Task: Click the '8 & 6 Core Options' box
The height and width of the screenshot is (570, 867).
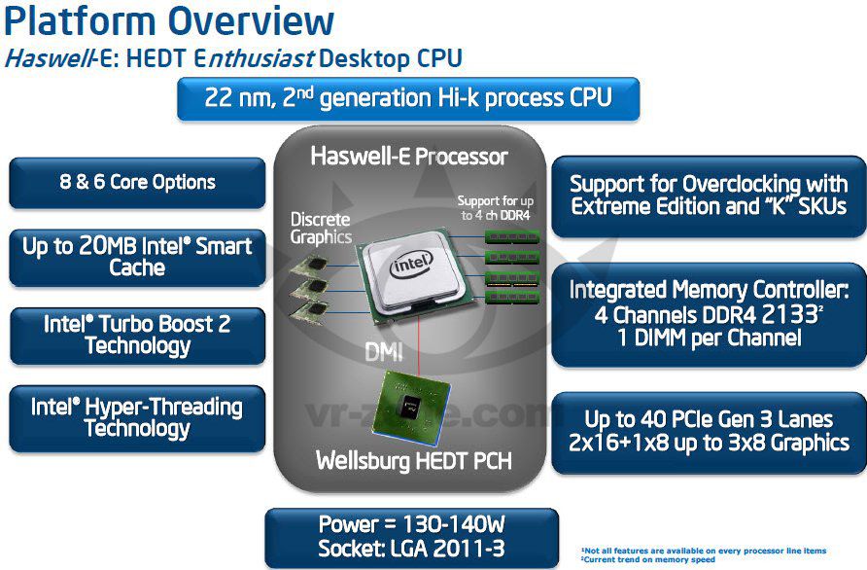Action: click(x=137, y=183)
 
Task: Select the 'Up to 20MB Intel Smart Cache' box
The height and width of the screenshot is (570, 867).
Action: click(x=137, y=257)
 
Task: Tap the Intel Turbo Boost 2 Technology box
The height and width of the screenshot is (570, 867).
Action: click(x=137, y=335)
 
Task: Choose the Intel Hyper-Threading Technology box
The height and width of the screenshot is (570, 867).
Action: click(x=137, y=417)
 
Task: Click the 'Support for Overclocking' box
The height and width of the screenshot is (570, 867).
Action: click(x=709, y=195)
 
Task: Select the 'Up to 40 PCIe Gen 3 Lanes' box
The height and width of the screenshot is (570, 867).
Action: click(x=709, y=431)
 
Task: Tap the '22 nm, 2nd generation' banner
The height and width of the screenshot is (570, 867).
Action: click(x=408, y=99)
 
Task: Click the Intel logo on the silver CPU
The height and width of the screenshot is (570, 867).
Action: click(x=411, y=264)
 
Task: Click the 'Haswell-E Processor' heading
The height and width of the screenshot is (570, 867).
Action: click(x=408, y=156)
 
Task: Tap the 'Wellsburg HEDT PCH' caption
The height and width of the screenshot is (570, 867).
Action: click(x=414, y=460)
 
